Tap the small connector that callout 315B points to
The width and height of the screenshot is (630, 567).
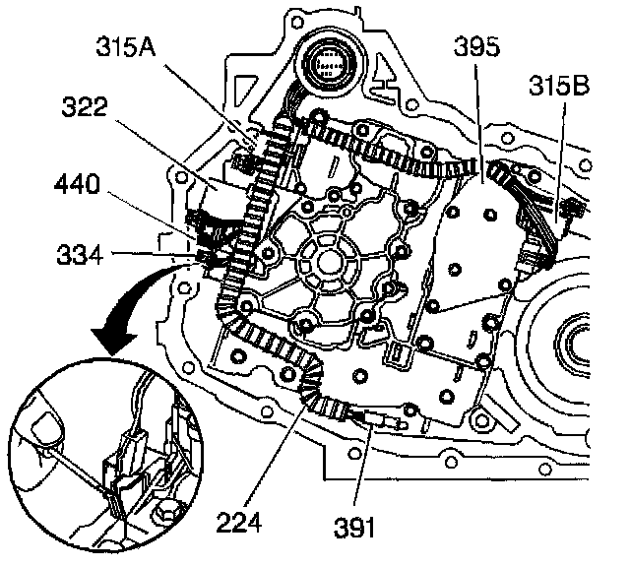click(x=570, y=208)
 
